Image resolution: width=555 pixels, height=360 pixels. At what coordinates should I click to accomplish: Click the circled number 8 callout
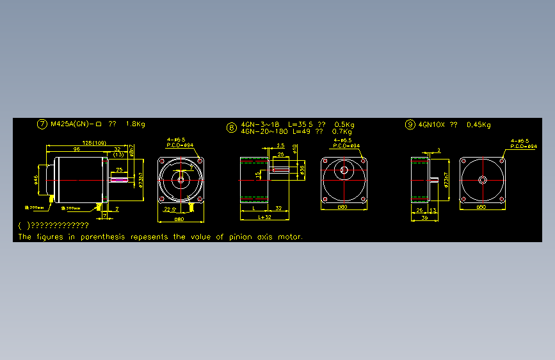(232, 127)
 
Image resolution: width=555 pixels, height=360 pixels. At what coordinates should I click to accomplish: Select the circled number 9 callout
(410, 125)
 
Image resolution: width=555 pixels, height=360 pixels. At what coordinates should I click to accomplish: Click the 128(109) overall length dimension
(94, 143)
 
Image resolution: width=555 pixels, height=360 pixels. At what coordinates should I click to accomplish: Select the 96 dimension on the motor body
(76, 149)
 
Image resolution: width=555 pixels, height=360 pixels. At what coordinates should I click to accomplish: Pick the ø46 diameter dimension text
(36, 181)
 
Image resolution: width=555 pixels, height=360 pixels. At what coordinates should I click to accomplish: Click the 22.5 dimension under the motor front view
(170, 209)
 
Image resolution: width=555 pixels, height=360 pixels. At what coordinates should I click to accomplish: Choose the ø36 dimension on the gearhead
(302, 169)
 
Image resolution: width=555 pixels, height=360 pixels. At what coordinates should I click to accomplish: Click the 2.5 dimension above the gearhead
(280, 146)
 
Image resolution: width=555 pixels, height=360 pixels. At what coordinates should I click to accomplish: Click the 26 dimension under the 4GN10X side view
(420, 209)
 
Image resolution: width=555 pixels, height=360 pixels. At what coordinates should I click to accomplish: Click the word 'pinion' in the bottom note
(240, 237)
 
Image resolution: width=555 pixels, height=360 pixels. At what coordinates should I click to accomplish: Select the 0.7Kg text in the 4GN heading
(343, 131)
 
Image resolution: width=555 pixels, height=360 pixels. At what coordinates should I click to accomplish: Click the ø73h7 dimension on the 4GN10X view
(446, 179)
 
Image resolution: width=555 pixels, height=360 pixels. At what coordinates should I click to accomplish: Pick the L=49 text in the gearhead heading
(301, 131)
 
